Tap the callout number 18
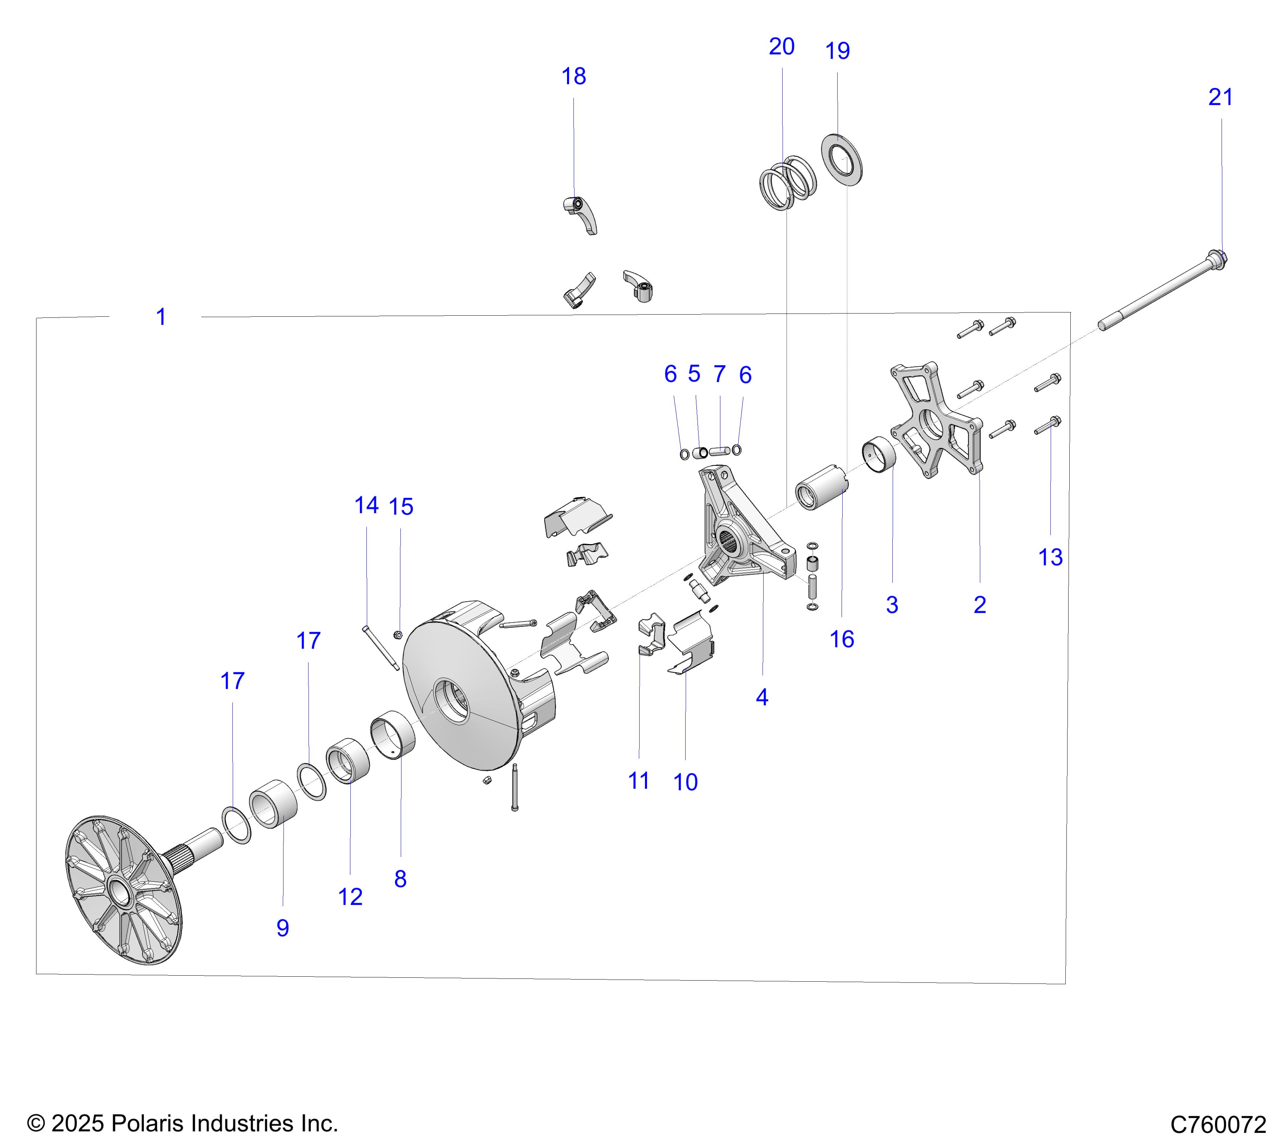[573, 76]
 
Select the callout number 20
[781, 46]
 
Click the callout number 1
[161, 317]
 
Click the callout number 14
[366, 505]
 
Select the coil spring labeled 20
[788, 183]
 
